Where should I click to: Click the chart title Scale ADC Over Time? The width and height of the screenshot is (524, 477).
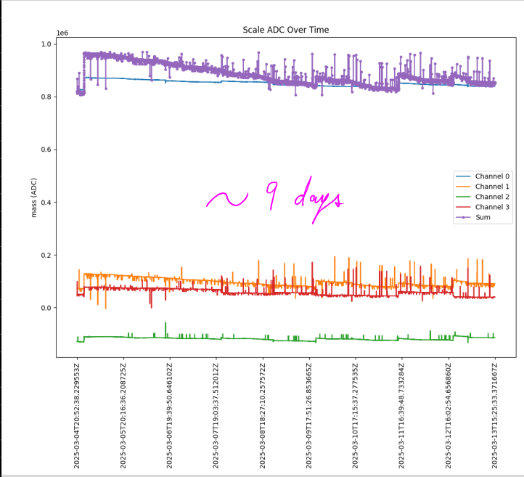pos(285,30)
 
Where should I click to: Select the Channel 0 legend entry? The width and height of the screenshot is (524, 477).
pos(492,176)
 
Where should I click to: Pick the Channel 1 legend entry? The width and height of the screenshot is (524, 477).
pos(492,187)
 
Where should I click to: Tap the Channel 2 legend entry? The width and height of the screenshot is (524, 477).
pos(492,197)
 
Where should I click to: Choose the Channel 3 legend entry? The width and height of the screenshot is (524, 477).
pos(492,207)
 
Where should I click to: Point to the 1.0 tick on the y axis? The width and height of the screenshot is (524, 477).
pos(45,44)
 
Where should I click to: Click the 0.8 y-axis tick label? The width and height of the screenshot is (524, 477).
pos(45,97)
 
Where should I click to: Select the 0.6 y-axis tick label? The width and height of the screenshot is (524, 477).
pos(45,150)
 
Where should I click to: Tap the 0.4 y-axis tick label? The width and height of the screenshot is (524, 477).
pos(45,203)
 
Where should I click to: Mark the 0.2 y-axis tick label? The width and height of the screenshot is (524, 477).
pos(45,256)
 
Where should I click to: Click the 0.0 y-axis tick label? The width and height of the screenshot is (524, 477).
pos(45,309)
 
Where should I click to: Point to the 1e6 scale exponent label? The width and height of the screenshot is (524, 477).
pos(63,33)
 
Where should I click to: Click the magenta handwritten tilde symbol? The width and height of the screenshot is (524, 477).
pos(226,198)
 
